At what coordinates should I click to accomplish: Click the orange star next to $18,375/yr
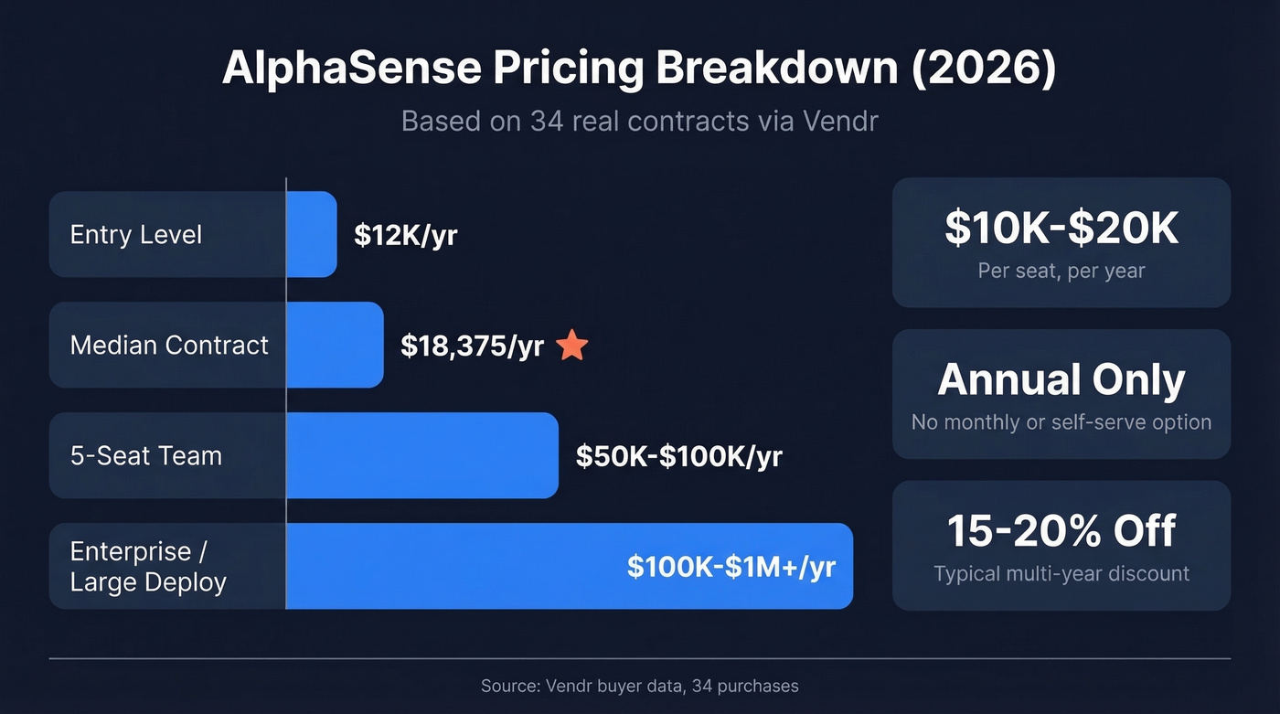pos(572,346)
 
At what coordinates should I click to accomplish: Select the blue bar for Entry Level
pos(312,234)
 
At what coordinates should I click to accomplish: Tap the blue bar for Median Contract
pos(335,345)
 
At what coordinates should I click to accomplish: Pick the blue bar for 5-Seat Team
pos(421,455)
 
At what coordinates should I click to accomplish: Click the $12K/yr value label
pos(406,235)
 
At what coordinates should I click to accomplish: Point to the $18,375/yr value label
pos(472,346)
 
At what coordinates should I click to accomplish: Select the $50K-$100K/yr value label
pos(678,456)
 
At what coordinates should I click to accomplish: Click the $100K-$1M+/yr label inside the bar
pos(731,566)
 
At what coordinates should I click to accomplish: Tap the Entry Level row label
pos(136,235)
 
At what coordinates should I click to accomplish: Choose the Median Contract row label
pos(169,346)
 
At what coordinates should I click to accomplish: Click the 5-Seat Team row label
pos(146,455)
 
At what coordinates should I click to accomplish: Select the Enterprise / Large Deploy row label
pos(148,567)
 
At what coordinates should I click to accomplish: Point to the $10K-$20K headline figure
pos(1061,229)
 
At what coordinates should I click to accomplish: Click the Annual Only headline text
pos(1061,380)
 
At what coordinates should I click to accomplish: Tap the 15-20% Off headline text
pos(1061,531)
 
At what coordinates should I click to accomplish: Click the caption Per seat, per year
pos(1061,271)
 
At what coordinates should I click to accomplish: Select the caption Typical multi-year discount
pos(1061,574)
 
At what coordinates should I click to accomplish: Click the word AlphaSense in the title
pos(360,69)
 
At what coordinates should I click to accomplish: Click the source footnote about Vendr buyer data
pos(639,686)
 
